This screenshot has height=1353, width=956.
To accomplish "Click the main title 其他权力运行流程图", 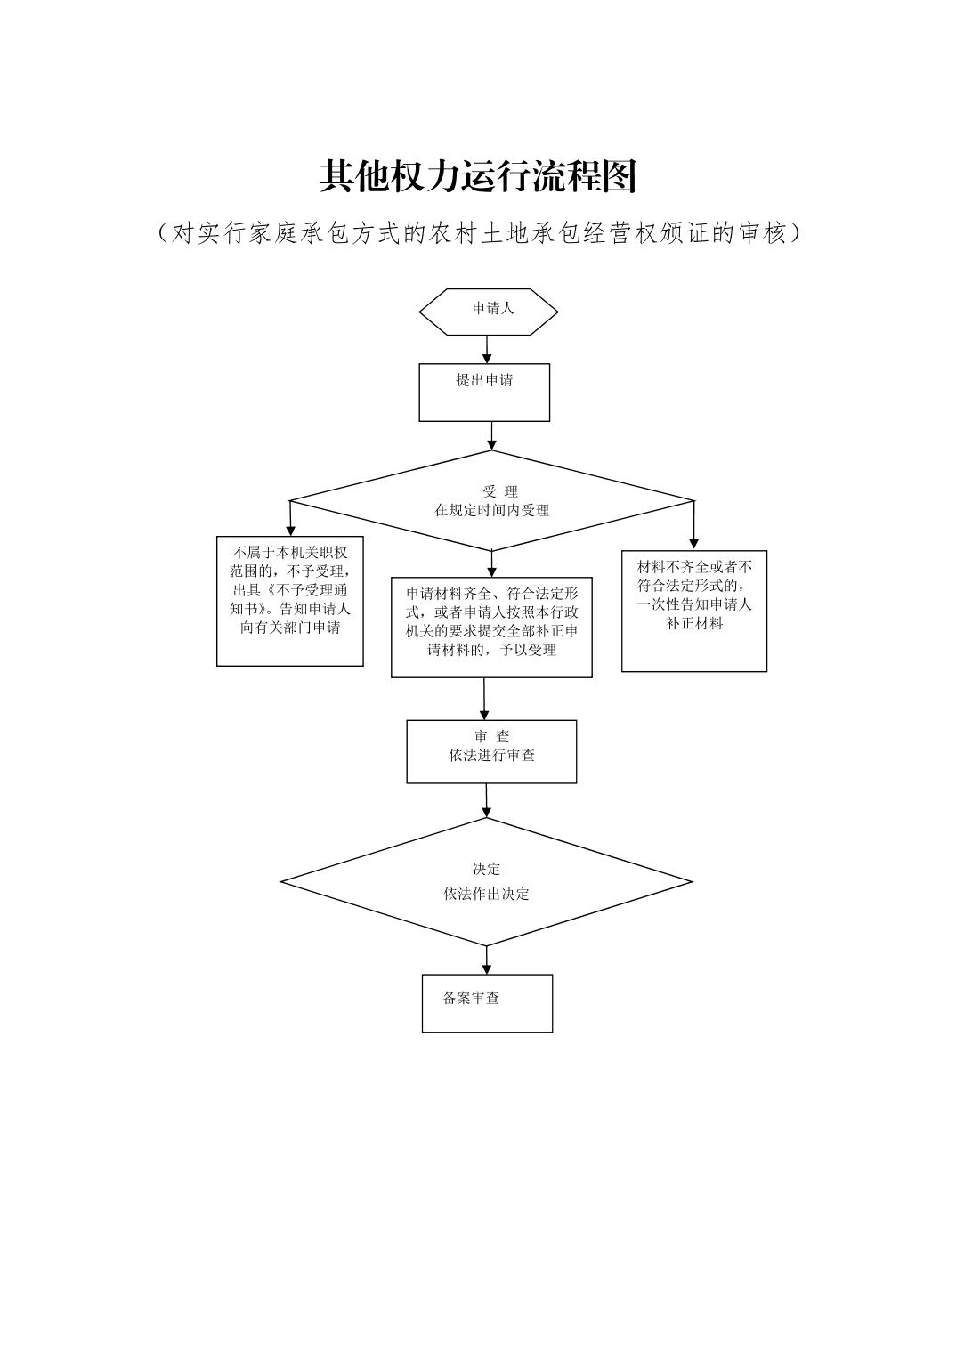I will coord(478,177).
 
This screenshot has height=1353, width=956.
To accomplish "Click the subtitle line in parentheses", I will coord(478,233).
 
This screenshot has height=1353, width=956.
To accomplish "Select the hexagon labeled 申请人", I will coord(489,312).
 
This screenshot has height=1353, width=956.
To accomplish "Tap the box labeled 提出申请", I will coord(484,392).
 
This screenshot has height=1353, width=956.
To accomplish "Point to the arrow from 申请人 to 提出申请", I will coord(487,349).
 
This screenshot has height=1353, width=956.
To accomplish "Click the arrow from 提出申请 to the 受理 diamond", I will coord(491,435).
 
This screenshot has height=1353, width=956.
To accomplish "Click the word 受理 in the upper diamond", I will coord(499,491).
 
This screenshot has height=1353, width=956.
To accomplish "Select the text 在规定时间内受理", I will coord(491,511).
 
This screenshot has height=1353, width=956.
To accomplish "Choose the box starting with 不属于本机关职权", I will coord(290,600).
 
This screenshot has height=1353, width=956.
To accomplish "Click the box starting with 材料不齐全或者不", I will coord(694,611).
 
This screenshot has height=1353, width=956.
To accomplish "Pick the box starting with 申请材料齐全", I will coord(491,627).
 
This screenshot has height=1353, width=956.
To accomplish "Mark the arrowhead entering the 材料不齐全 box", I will coord(694,543).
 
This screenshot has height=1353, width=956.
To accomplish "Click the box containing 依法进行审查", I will coord(491,751).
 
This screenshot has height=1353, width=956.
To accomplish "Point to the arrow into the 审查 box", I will coord(484,700).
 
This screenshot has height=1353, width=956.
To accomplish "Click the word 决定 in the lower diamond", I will coord(486,870).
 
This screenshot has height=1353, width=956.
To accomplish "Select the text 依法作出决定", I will coord(486,895).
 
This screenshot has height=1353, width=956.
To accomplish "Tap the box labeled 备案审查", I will coord(487,1003).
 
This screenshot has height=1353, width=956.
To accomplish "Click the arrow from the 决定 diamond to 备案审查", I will coord(487,960).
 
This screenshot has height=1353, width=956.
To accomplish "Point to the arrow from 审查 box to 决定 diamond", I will coord(487,801).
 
